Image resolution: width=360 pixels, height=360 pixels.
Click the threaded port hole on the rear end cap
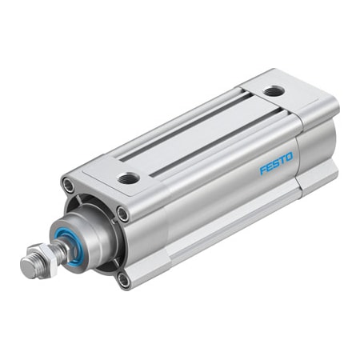pos(273,92)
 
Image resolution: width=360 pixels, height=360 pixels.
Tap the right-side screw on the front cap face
pos(122,214)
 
